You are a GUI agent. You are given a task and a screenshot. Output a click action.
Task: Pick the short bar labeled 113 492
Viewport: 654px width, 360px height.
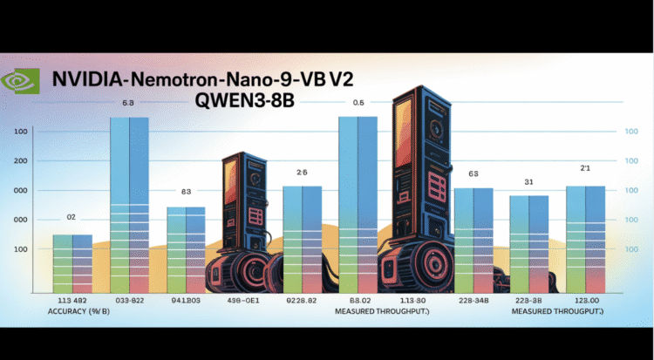(72, 262)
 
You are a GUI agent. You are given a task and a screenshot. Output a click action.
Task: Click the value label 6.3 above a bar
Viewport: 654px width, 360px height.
(127, 103)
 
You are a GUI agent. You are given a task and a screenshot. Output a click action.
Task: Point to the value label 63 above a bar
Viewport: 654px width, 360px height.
(473, 174)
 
